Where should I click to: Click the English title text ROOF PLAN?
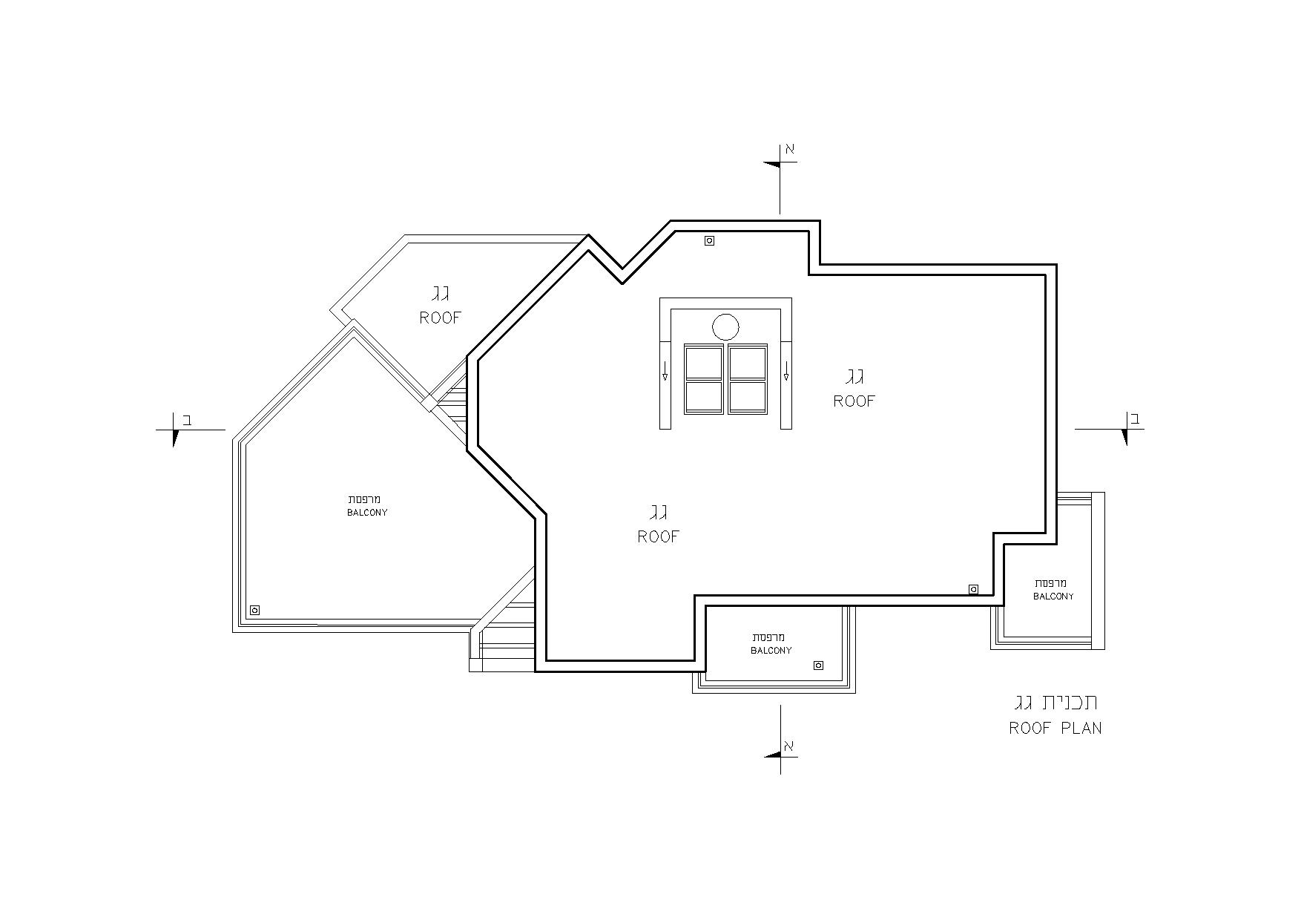coord(1055,728)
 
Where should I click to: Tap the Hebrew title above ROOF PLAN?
coord(1056,702)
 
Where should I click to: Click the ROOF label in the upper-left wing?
coord(441,318)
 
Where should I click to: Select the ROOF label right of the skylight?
coord(854,401)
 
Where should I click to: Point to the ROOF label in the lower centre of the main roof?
coord(659,536)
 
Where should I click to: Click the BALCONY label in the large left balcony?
coord(367,513)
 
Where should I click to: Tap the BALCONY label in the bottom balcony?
coord(771,651)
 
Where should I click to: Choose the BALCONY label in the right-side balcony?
coord(1053,597)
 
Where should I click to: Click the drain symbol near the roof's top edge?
coord(709,240)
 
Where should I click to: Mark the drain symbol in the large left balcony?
coord(254,610)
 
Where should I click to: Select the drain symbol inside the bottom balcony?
coord(818,666)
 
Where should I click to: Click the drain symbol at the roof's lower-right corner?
coord(973,589)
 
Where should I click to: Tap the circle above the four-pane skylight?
coord(725,327)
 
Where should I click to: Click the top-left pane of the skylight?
coord(704,363)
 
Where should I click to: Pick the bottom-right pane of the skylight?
coord(748,396)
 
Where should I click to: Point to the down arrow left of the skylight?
coord(665,371)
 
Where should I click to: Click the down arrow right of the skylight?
coord(786,371)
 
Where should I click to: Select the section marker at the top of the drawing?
coord(780,178)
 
